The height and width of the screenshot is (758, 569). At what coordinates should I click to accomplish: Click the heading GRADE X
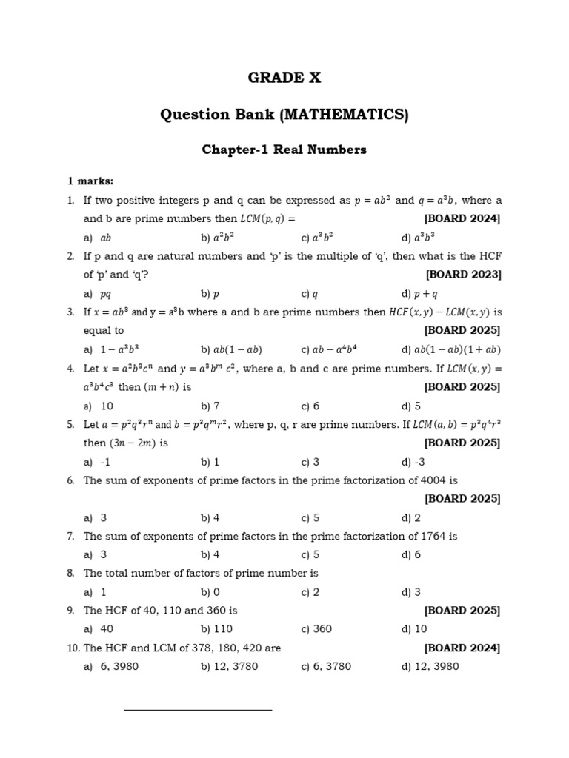pos(284,78)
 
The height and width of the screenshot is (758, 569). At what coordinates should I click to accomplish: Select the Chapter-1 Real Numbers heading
pos(284,150)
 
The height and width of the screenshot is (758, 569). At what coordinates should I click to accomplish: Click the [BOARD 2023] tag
pos(463,275)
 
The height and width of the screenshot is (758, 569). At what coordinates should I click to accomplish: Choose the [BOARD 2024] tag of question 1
pos(462,218)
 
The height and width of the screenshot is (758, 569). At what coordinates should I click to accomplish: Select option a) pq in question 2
pos(100,293)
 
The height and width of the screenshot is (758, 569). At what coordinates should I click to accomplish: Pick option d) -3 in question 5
pos(411,462)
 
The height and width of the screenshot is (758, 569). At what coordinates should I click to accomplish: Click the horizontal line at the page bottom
pos(198,710)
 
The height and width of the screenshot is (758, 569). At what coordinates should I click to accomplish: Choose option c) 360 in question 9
pos(316,629)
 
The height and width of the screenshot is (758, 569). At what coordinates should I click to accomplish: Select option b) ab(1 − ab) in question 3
pos(232,349)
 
